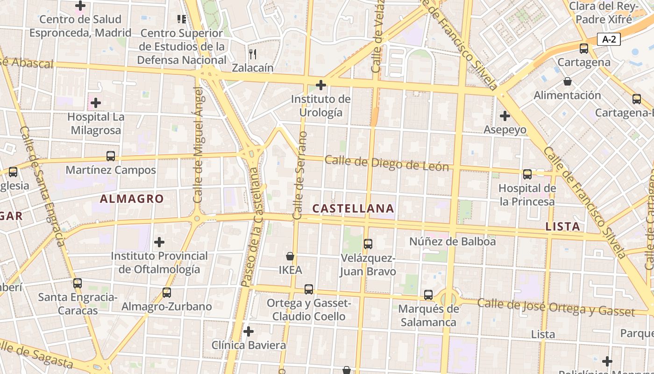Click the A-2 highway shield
coord(609,40)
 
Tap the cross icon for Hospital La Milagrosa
coord(96,102)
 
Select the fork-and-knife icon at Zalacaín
coord(253,54)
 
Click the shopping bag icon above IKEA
coord(290,256)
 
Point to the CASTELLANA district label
coord(353,209)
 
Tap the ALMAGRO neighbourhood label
coord(132,199)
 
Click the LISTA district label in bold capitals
coord(563,227)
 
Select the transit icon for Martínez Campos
coord(111,156)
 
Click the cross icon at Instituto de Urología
coord(321,85)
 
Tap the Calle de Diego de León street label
coord(387,164)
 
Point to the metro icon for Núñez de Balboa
coord(368,244)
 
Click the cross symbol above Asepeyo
coord(505,115)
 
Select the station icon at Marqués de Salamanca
coord(428,295)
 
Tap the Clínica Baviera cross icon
coord(249,331)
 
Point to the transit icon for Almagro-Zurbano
coord(167,293)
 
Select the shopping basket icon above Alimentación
coord(568,82)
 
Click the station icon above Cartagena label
coord(583,48)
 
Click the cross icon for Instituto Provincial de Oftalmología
coord(159,242)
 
